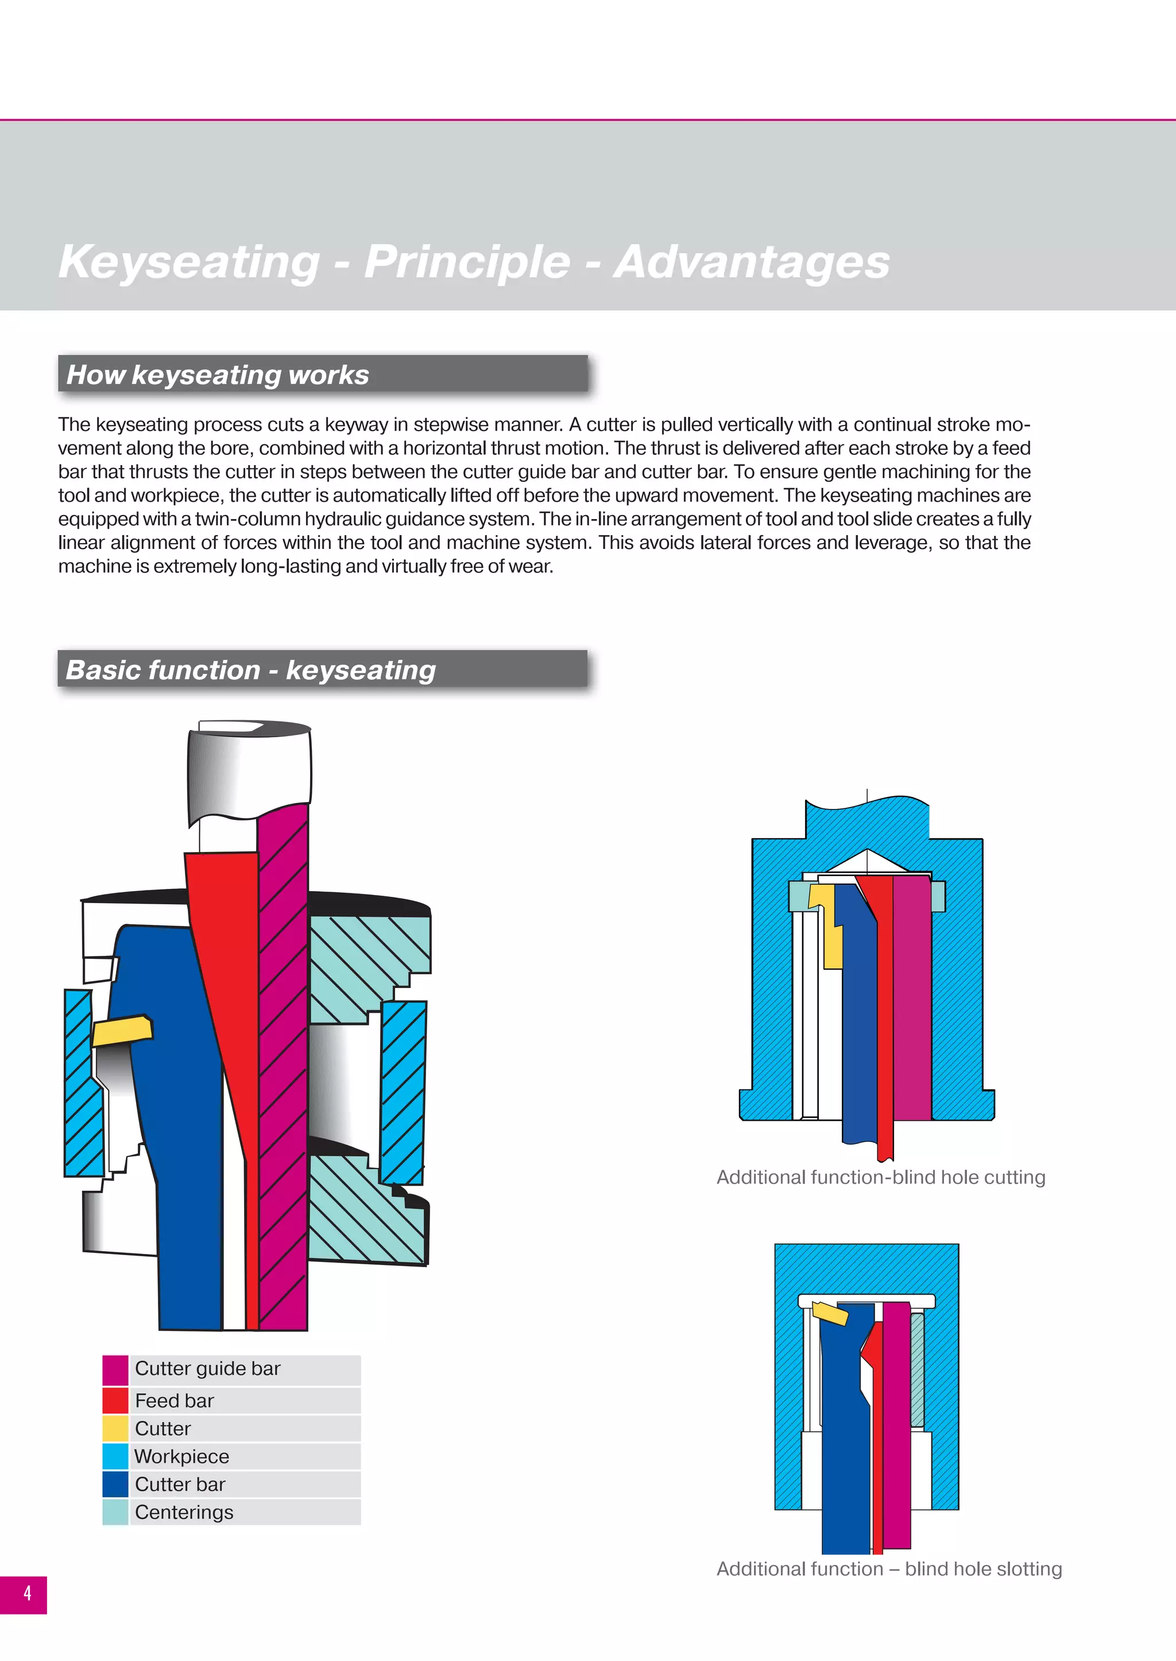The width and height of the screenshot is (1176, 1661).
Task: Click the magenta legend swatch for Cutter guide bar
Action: (x=115, y=1370)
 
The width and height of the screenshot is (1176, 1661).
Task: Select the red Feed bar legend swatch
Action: (x=115, y=1400)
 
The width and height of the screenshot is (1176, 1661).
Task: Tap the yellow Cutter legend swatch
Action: (x=115, y=1428)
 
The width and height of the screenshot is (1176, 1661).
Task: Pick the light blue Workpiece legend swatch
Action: (x=115, y=1456)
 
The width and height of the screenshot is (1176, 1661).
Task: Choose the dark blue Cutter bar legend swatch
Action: (x=115, y=1484)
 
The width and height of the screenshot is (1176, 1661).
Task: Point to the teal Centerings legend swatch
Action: (x=115, y=1512)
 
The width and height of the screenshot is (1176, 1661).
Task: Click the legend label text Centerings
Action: (x=184, y=1512)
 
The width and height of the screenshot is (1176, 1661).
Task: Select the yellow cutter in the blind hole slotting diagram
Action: (x=830, y=1312)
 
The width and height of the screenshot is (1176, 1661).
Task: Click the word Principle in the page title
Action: (x=467, y=262)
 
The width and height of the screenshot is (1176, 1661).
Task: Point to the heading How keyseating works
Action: (x=218, y=375)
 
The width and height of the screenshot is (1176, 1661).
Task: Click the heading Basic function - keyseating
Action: (x=250, y=671)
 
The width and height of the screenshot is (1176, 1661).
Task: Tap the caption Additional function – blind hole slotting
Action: (x=889, y=1569)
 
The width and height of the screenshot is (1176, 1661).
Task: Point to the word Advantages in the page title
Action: (x=752, y=262)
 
